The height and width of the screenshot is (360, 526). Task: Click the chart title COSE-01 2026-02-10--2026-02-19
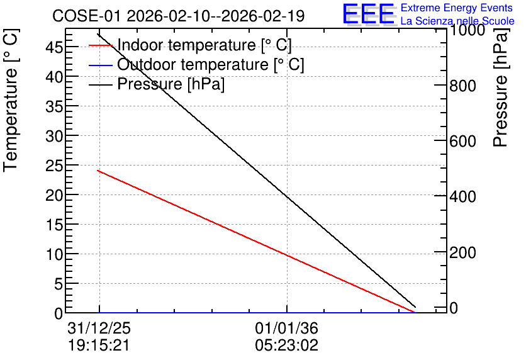[179, 16]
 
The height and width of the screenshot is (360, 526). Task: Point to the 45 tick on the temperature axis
[54, 47]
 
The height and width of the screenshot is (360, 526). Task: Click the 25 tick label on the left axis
[54, 166]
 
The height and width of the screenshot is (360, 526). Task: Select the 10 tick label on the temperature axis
[54, 255]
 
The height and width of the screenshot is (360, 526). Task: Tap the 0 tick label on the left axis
[59, 313]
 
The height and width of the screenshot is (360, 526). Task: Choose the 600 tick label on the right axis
[462, 141]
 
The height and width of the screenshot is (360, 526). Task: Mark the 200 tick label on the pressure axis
[462, 252]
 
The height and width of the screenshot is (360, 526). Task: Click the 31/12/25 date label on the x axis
[99, 328]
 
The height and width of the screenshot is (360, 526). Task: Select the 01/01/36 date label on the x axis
[286, 328]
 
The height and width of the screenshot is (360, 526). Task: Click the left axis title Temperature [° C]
[11, 100]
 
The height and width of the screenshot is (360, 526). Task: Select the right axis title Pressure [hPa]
[500, 87]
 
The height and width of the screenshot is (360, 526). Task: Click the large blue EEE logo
[368, 14]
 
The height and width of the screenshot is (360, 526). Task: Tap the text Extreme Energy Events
[457, 8]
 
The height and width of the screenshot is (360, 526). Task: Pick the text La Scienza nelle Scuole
[457, 21]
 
